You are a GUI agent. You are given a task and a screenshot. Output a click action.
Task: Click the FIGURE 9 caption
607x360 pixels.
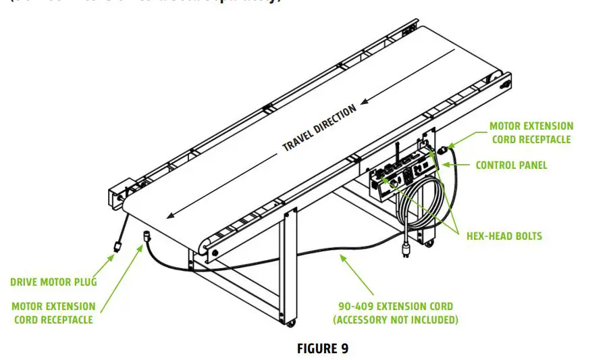[x=322, y=348]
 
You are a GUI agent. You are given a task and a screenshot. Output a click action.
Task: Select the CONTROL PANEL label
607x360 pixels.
[x=511, y=165]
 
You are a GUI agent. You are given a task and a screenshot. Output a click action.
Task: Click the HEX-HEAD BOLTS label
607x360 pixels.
[x=504, y=236]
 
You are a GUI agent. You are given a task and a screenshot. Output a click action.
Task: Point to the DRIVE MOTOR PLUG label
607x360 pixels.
[x=53, y=282]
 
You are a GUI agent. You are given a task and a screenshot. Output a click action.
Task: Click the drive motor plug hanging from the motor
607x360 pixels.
[x=117, y=248]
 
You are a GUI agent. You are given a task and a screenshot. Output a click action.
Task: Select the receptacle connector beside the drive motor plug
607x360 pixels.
[x=145, y=236]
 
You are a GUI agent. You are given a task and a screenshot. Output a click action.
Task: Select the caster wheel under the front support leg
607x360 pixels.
[x=291, y=324]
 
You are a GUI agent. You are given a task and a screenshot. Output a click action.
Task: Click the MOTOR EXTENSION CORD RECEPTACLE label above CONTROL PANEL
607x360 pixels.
[x=531, y=132]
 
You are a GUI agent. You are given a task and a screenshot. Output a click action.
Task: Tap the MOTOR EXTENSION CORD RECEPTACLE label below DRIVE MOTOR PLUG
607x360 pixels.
[x=53, y=313]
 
